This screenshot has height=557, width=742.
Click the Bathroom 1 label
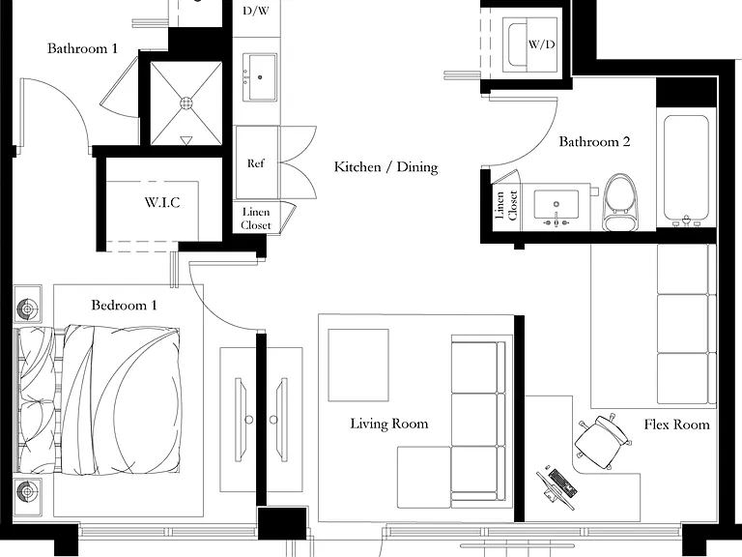pos(82,48)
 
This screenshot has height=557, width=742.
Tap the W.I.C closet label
pos(162,203)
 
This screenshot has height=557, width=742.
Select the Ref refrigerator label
pos(255,163)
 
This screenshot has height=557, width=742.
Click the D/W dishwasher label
pos(256,11)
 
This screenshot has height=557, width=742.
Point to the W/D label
pos(541,44)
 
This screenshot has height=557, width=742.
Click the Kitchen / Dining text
pos(386,166)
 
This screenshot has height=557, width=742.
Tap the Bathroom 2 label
pos(594,141)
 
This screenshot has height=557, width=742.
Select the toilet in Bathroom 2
pos(620,202)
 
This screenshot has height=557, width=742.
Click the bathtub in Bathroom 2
pos(686,169)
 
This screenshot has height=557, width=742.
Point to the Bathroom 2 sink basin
pos(556,205)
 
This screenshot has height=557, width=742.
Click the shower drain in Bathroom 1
pos(186,103)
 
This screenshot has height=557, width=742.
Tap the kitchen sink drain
pos(260,77)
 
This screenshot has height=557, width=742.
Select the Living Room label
pos(389,424)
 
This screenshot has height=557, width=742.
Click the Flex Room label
pos(676,425)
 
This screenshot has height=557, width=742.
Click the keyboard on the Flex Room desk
pos(562,483)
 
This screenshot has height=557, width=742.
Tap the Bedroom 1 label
pos(124,305)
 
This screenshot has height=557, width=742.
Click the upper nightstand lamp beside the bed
pos(27,308)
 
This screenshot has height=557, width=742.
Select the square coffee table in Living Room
pos(358,366)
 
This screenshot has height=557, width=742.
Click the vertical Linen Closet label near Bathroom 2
pos(506,206)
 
